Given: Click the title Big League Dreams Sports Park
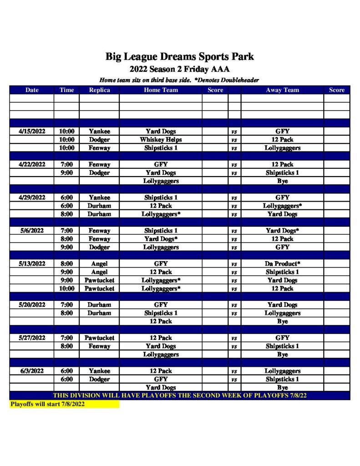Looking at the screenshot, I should pos(180,57).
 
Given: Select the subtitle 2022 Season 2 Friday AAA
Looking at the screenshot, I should pos(180,69).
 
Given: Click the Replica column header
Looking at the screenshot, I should pos(99,90).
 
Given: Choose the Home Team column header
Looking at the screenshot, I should pos(161,90).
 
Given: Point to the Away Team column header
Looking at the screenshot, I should pos(282,90).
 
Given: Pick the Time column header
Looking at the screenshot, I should pos(66,90).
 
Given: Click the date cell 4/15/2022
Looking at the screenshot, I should pos(32,132).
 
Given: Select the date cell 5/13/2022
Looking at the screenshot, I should pos(32,263).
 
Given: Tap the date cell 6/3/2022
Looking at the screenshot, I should pos(32,371).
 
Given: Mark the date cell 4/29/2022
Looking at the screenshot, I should pos(32,198).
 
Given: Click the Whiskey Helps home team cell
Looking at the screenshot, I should pos(161,140).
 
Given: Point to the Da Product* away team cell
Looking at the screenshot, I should pos(282,263).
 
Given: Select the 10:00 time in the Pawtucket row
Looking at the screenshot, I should pos(66,289).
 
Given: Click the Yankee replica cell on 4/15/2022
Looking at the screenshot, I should pos(99,132).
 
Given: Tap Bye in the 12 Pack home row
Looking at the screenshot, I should pos(282,321).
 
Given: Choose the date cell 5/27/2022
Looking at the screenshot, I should pos(32,338).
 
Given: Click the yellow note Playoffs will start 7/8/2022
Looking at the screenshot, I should pos(47,404).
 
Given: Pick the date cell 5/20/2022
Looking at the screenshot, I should pos(32,305).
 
